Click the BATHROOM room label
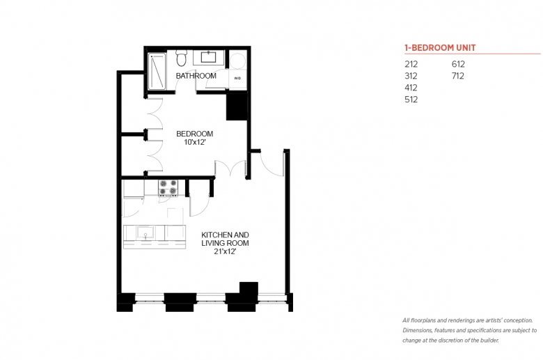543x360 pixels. point(196,76)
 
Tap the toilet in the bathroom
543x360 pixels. point(181,58)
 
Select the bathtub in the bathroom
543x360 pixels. point(157,71)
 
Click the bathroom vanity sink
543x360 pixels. point(208,57)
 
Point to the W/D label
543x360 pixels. point(237,78)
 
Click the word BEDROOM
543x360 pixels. point(195,134)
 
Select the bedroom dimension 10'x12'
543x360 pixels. point(195,142)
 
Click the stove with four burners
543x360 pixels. point(168,187)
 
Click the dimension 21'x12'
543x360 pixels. point(225,251)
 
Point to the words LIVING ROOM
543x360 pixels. point(225,243)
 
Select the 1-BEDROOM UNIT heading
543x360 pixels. point(440,48)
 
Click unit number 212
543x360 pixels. point(411,64)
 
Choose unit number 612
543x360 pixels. point(458,64)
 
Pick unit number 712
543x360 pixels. point(458,76)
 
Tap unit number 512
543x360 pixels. point(411,100)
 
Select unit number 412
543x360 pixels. point(411,88)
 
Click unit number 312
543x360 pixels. point(411,76)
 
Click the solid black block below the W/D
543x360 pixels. point(237,107)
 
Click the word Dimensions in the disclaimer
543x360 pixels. point(417,330)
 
